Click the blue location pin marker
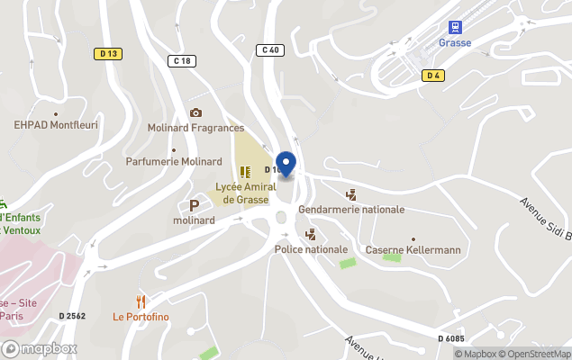tap(286, 164)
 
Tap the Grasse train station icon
tap(455, 27)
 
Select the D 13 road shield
tap(108, 54)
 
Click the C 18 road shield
tap(181, 61)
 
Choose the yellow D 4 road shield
tap(434, 76)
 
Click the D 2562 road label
tap(72, 315)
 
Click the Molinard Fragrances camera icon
tap(195, 112)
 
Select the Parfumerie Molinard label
tap(186, 161)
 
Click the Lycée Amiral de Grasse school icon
tap(245, 171)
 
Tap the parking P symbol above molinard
tap(194, 206)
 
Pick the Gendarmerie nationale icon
tap(351, 194)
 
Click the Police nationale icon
tap(311, 234)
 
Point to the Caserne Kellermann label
tap(413, 249)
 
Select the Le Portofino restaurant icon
tap(141, 301)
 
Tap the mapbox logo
tap(40, 348)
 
